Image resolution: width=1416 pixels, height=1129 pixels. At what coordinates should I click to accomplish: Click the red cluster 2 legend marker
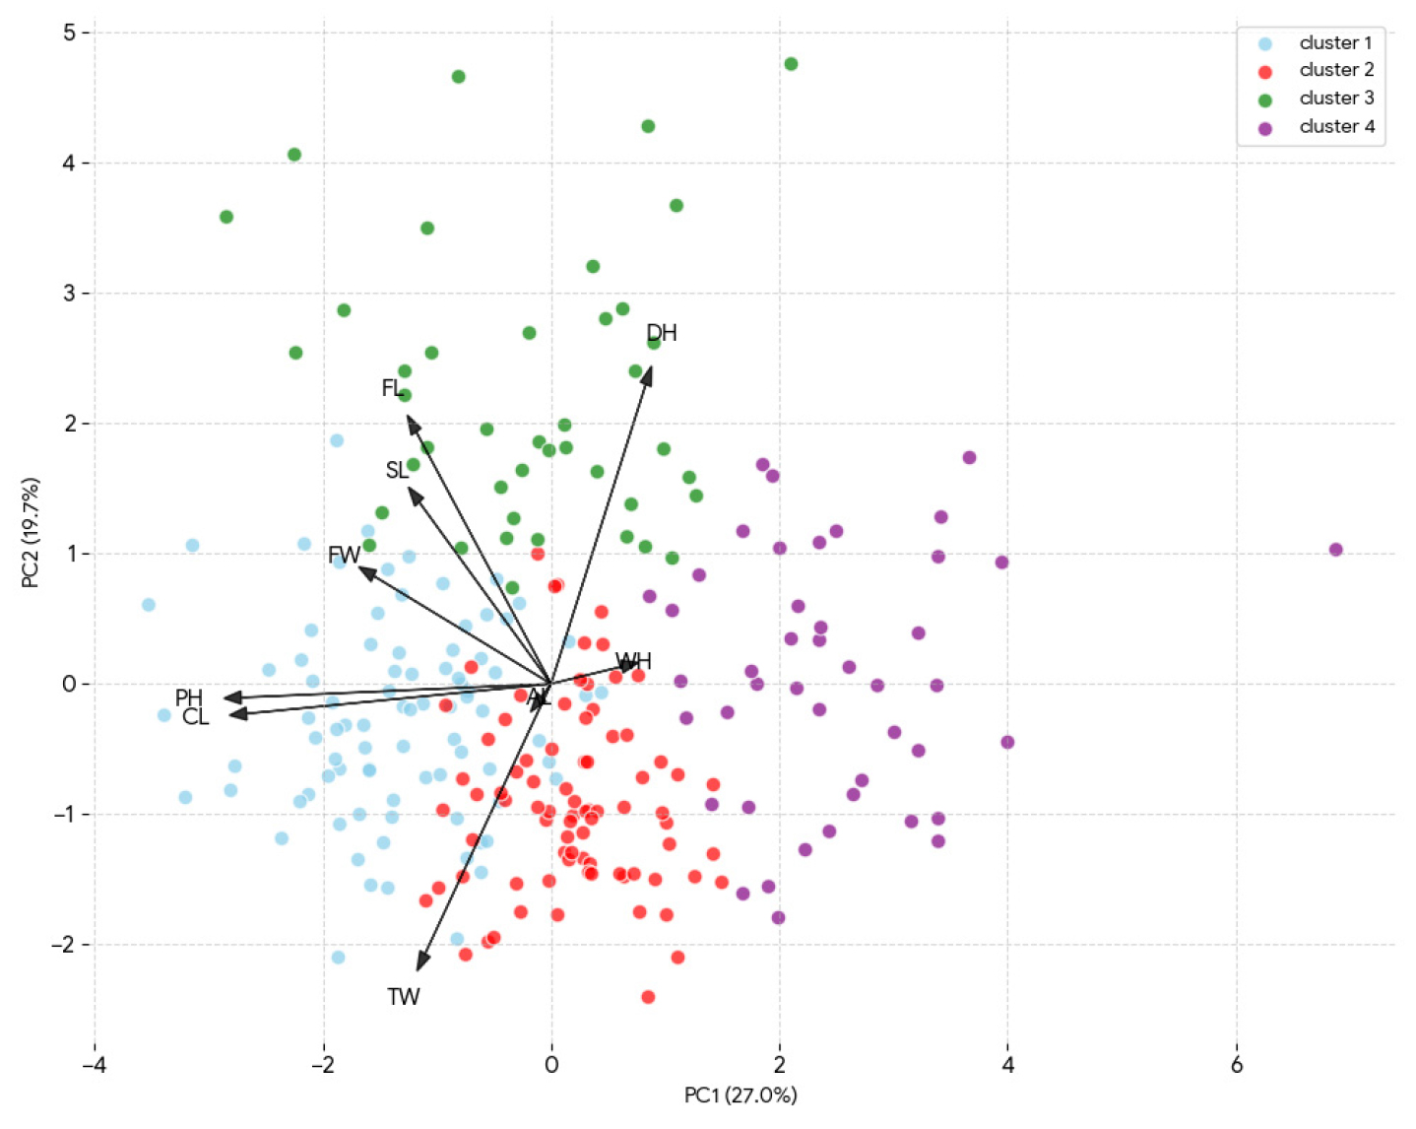click(x=1265, y=71)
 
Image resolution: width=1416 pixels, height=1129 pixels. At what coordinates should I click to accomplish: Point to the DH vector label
click(x=662, y=333)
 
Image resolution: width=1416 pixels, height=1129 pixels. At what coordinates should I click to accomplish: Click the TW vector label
click(x=404, y=997)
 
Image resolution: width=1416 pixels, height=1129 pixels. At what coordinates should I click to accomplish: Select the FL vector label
click(x=392, y=388)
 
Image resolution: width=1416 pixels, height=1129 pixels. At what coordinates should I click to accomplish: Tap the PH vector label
click(x=189, y=698)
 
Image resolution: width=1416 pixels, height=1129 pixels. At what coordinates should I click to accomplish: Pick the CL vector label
click(x=196, y=717)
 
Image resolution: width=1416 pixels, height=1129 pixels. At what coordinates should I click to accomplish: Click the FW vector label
click(x=344, y=555)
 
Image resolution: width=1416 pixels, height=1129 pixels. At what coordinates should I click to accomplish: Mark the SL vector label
click(x=397, y=471)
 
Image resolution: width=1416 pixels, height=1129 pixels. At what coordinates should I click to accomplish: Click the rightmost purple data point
click(x=1335, y=550)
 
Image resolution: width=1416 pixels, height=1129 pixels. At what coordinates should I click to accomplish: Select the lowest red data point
click(x=648, y=997)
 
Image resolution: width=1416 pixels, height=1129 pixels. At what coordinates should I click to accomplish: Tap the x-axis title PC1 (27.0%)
click(x=740, y=1096)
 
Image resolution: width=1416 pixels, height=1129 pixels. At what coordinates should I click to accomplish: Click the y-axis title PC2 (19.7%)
click(x=31, y=533)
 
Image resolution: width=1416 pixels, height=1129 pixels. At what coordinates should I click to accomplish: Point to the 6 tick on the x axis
click(x=1236, y=1065)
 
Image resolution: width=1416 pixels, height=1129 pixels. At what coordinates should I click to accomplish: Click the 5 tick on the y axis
click(x=69, y=33)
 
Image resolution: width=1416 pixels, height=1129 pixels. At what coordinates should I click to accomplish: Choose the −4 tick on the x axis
click(x=95, y=1065)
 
